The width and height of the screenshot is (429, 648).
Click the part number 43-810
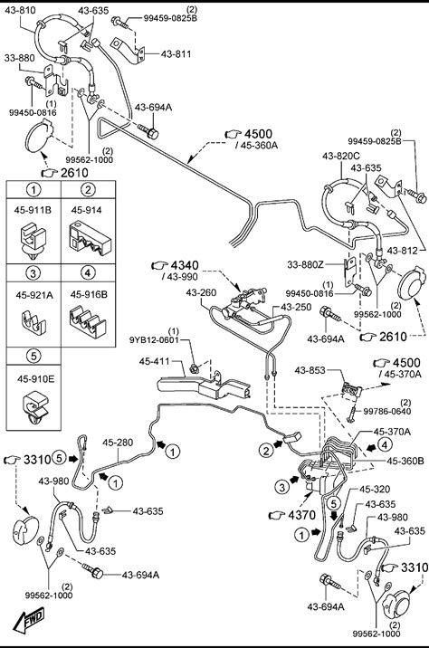(20, 10)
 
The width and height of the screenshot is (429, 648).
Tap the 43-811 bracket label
(176, 54)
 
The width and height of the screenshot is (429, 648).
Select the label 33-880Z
(305, 264)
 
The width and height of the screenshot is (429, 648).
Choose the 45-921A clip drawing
(33, 321)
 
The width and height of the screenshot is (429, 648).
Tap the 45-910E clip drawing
(34, 407)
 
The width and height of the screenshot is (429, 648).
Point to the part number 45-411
(155, 361)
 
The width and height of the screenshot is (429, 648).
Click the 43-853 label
(310, 370)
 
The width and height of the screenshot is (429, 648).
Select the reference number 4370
(301, 515)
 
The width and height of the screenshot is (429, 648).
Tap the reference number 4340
(185, 265)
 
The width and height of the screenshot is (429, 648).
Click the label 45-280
(118, 443)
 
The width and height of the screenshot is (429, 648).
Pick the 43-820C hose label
(341, 156)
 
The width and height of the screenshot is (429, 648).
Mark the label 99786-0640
(387, 411)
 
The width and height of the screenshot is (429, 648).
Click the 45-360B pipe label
(405, 461)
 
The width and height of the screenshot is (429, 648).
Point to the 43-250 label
(296, 307)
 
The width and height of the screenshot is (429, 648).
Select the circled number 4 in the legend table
(88, 272)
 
